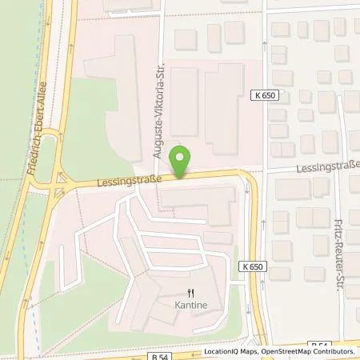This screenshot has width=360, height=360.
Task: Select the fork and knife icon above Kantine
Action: coord(190,294)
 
